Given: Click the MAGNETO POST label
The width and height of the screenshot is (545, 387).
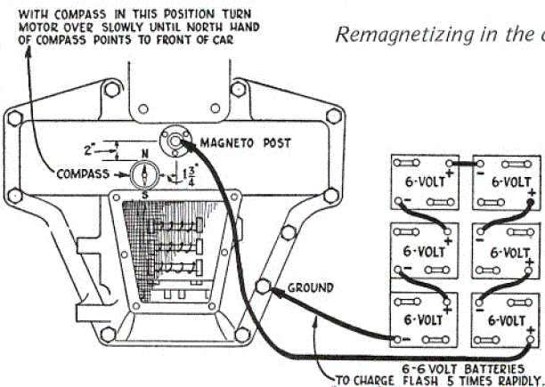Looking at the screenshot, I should point(246,142).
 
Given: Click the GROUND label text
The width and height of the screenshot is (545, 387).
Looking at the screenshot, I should point(310,287).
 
